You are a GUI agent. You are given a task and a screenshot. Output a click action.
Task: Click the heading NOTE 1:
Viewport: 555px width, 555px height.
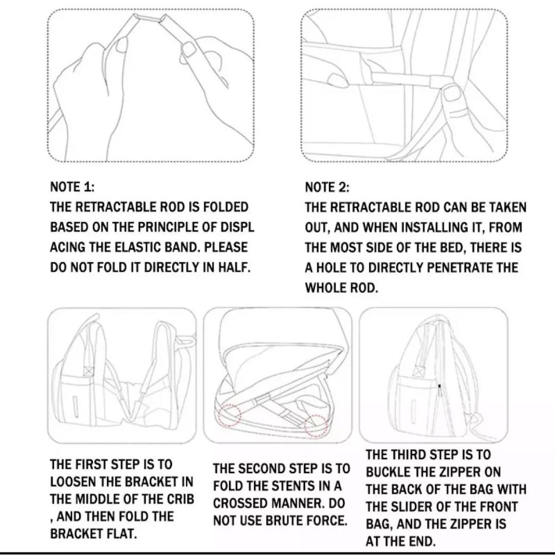point(73,187)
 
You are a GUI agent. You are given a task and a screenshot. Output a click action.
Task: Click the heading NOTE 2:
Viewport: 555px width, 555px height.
point(327,187)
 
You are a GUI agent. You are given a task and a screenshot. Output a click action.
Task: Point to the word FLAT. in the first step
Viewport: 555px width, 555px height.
point(120,534)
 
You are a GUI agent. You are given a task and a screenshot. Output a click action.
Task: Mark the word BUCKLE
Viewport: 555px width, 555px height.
point(388,472)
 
